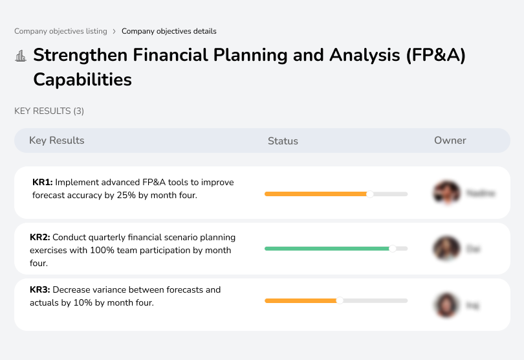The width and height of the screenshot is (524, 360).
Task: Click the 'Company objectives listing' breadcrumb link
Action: (x=60, y=31)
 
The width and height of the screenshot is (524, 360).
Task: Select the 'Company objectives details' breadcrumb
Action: (x=169, y=31)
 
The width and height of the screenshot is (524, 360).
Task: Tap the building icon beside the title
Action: (x=21, y=56)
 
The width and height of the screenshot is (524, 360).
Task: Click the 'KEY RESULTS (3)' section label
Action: (x=49, y=111)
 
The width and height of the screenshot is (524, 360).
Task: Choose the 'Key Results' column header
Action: (x=56, y=141)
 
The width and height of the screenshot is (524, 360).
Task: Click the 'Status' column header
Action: (x=283, y=141)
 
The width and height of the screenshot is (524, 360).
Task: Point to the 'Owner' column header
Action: (x=450, y=141)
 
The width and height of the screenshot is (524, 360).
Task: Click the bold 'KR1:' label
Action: (x=43, y=183)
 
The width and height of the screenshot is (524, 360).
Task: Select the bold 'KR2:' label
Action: (x=40, y=238)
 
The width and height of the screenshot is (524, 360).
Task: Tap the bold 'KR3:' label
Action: (x=40, y=289)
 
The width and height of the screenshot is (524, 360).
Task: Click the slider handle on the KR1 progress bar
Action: (x=370, y=194)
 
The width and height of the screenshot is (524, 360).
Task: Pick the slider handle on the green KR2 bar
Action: (x=392, y=248)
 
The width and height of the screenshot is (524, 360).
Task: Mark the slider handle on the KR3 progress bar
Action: (x=340, y=300)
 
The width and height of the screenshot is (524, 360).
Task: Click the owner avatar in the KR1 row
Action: (x=446, y=193)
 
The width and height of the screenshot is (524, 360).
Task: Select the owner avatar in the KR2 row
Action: (x=446, y=248)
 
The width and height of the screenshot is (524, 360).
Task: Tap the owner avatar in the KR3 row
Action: (x=446, y=304)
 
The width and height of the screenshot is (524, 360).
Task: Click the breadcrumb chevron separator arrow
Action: (x=115, y=31)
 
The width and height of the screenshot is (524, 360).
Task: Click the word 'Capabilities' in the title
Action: (x=82, y=80)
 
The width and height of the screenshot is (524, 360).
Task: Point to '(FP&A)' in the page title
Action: (x=435, y=55)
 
